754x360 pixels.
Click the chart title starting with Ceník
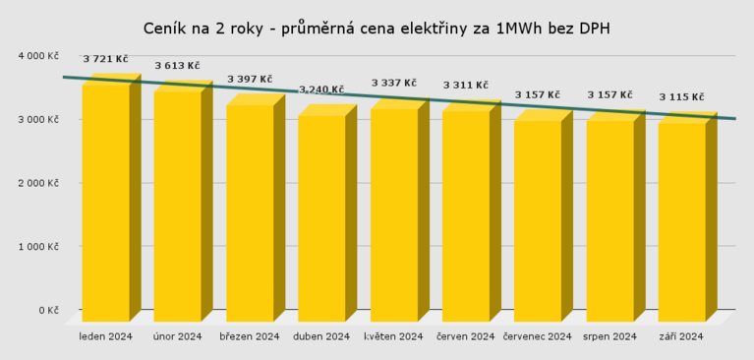point(377,29)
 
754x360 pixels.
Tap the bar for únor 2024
point(177,207)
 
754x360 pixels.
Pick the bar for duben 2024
point(321,216)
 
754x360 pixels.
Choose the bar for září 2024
point(681,221)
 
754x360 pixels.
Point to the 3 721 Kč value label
point(105,59)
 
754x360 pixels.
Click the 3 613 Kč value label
point(177,66)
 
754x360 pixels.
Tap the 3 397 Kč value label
point(250,79)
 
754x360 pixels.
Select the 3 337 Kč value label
point(393,83)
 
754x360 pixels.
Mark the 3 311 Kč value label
point(466,85)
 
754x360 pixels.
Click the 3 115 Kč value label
point(681,96)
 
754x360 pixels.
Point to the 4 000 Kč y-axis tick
point(39,56)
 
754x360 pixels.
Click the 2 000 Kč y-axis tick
point(39,183)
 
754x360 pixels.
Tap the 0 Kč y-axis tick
point(48,310)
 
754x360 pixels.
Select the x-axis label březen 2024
point(250,336)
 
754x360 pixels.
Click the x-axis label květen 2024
point(393,336)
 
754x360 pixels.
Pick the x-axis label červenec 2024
point(537,336)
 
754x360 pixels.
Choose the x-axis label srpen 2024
point(609,336)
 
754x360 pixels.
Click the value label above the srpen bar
point(609,94)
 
